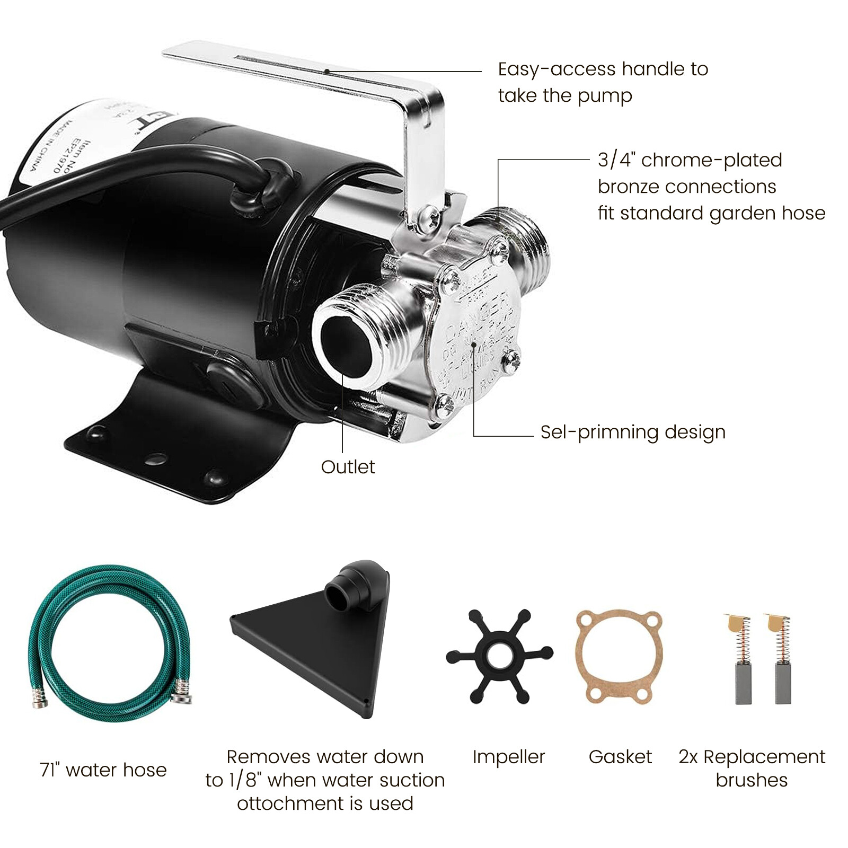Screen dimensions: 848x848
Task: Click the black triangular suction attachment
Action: pyautogui.click(x=318, y=647)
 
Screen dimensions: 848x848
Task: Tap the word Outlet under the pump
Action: pyautogui.click(x=348, y=467)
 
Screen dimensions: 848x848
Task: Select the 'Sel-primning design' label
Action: pyautogui.click(x=633, y=432)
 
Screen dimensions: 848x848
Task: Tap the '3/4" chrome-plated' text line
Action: pyautogui.click(x=690, y=160)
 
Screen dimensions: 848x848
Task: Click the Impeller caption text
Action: pyautogui.click(x=508, y=757)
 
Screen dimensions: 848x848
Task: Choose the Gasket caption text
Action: pyautogui.click(x=620, y=757)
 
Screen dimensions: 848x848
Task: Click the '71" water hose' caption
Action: pyautogui.click(x=103, y=770)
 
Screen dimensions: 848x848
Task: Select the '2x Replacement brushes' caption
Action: pyautogui.click(x=752, y=768)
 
